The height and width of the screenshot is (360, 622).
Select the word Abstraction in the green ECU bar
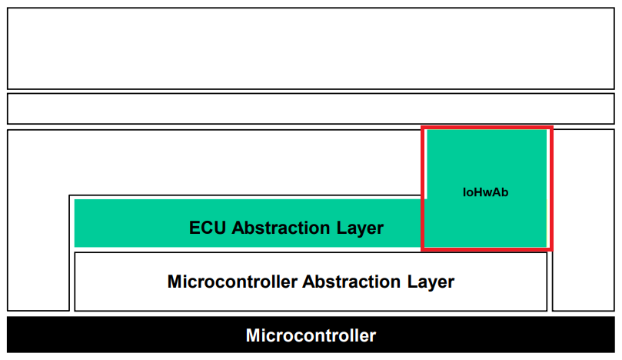click(281, 228)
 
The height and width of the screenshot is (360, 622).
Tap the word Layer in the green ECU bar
click(360, 229)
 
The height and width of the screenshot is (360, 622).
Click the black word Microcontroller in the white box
click(232, 282)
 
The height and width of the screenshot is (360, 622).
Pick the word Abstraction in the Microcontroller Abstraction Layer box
click(351, 282)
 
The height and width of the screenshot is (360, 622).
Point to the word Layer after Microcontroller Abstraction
click(431, 283)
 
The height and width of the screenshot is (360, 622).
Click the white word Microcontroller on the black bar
click(311, 336)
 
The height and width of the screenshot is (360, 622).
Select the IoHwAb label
click(486, 192)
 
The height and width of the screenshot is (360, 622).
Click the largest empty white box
click(311, 48)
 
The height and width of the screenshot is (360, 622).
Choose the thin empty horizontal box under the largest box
click(311, 108)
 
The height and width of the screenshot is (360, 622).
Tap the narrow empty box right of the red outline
click(584, 220)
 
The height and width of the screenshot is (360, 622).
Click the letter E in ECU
click(195, 228)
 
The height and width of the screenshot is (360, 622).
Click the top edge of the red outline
click(487, 128)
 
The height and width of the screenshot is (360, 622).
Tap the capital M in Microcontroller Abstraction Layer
click(175, 282)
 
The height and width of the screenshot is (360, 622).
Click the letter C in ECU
click(207, 228)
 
